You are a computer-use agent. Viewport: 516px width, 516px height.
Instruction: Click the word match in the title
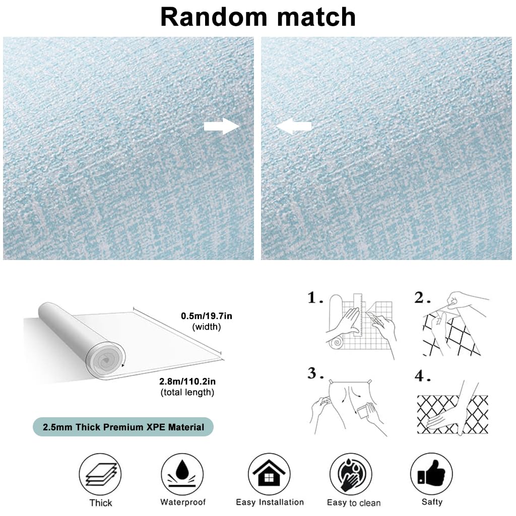316,17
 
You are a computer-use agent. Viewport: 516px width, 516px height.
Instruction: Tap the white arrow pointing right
222,126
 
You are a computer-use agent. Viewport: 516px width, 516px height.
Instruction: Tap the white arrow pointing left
294,126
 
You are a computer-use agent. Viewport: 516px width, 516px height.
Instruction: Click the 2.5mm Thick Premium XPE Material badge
123,427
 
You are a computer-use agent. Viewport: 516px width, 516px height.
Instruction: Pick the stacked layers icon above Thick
100,474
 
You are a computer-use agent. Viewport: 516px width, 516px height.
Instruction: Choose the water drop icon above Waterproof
182,474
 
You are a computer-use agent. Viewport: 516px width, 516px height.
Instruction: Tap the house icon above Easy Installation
269,474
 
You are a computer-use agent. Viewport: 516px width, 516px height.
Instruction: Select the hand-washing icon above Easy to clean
351,474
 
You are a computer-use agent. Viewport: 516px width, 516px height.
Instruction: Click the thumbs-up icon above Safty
431,474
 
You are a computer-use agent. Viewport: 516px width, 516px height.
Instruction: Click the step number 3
315,373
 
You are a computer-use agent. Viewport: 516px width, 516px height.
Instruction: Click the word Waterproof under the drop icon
183,502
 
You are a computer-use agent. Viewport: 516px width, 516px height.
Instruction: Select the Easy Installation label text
270,502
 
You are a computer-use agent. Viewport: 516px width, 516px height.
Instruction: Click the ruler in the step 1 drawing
358,315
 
